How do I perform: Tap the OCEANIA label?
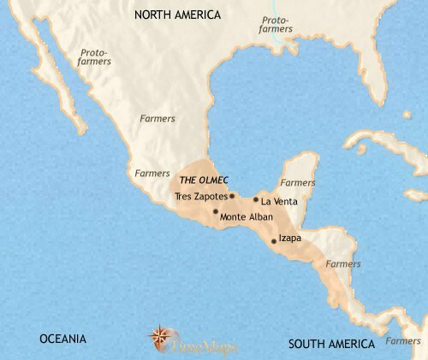click(62, 339)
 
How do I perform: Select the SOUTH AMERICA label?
click(331, 344)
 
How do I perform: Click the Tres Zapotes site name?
click(200, 196)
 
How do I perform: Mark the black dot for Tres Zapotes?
click(232, 196)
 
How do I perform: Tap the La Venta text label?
click(279, 201)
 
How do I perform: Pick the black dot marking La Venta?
click(255, 201)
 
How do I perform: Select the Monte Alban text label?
click(247, 216)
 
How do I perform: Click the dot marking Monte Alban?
click(216, 211)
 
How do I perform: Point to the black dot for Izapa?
click(274, 241)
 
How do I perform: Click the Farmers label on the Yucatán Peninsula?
click(299, 182)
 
